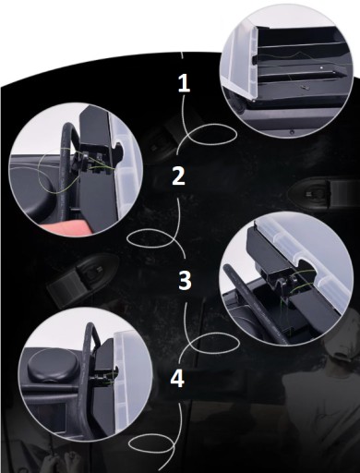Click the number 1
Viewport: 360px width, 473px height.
click(184, 83)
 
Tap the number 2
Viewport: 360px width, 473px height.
click(178, 176)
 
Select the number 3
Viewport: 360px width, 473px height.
click(185, 280)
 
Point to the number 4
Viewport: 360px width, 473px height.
click(177, 378)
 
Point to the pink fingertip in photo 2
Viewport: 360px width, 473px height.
click(66, 227)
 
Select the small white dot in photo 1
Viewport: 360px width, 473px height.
click(321, 67)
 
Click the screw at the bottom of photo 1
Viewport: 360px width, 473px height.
click(292, 132)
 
